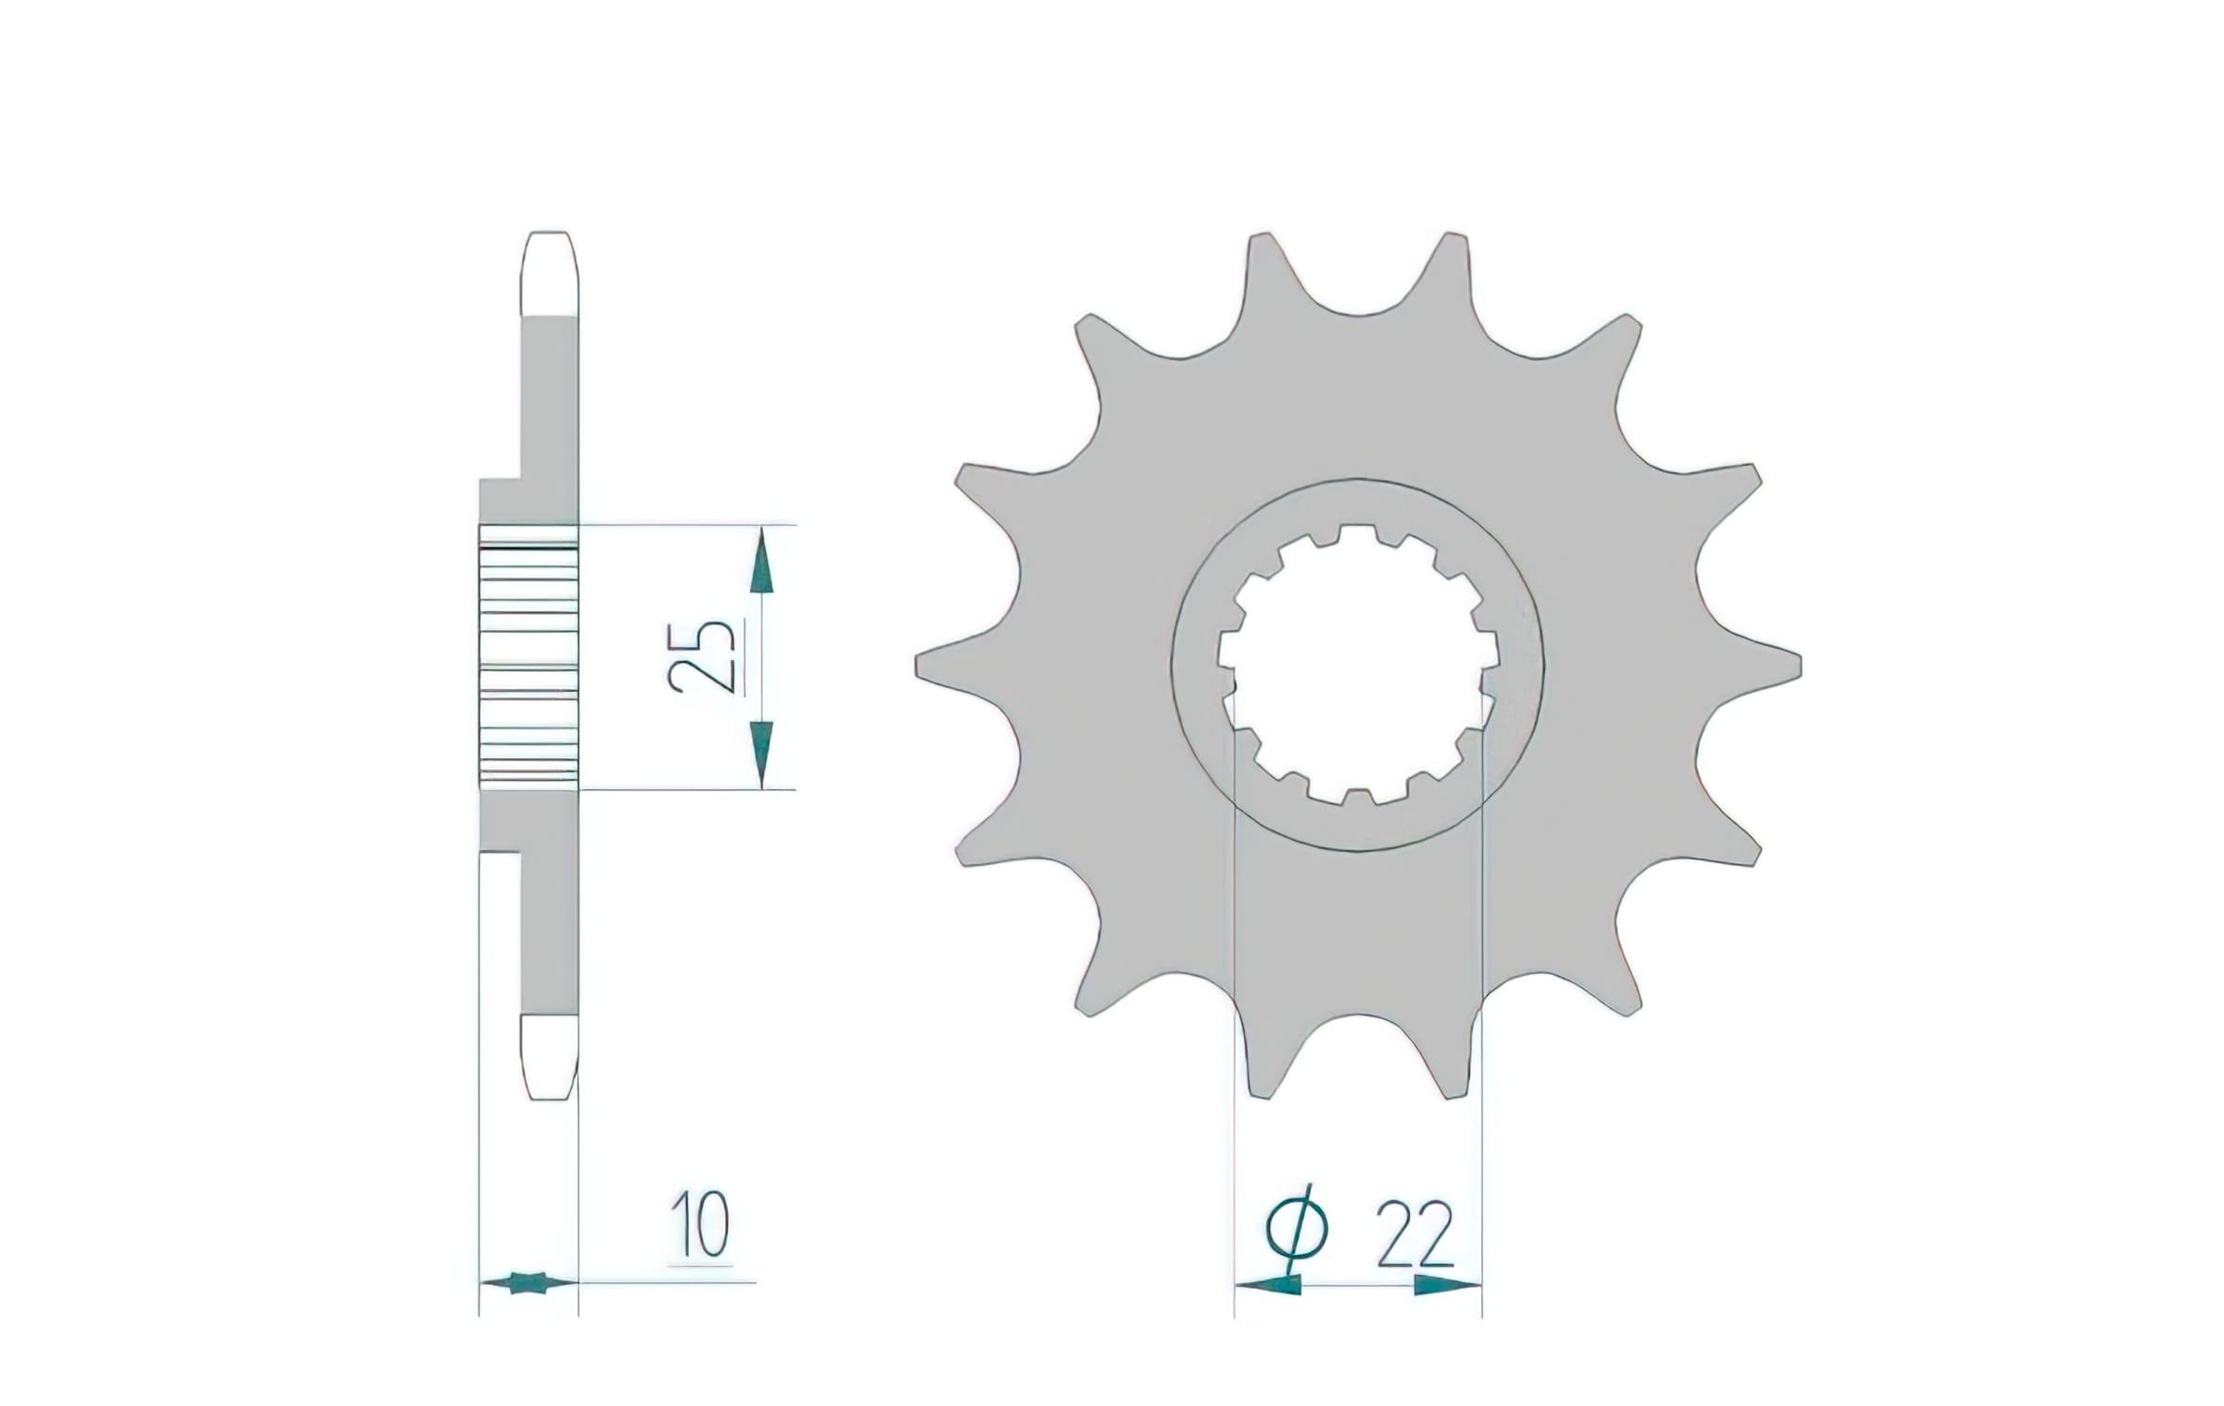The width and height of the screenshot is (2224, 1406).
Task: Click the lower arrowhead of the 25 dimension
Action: coord(762,753)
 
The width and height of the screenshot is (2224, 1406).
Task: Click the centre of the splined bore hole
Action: coord(1358,665)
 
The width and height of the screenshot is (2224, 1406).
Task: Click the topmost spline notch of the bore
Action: coord(1356,536)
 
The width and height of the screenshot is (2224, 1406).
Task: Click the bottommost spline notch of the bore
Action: coord(1358,795)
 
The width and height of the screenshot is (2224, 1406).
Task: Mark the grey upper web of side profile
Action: coord(548,403)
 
